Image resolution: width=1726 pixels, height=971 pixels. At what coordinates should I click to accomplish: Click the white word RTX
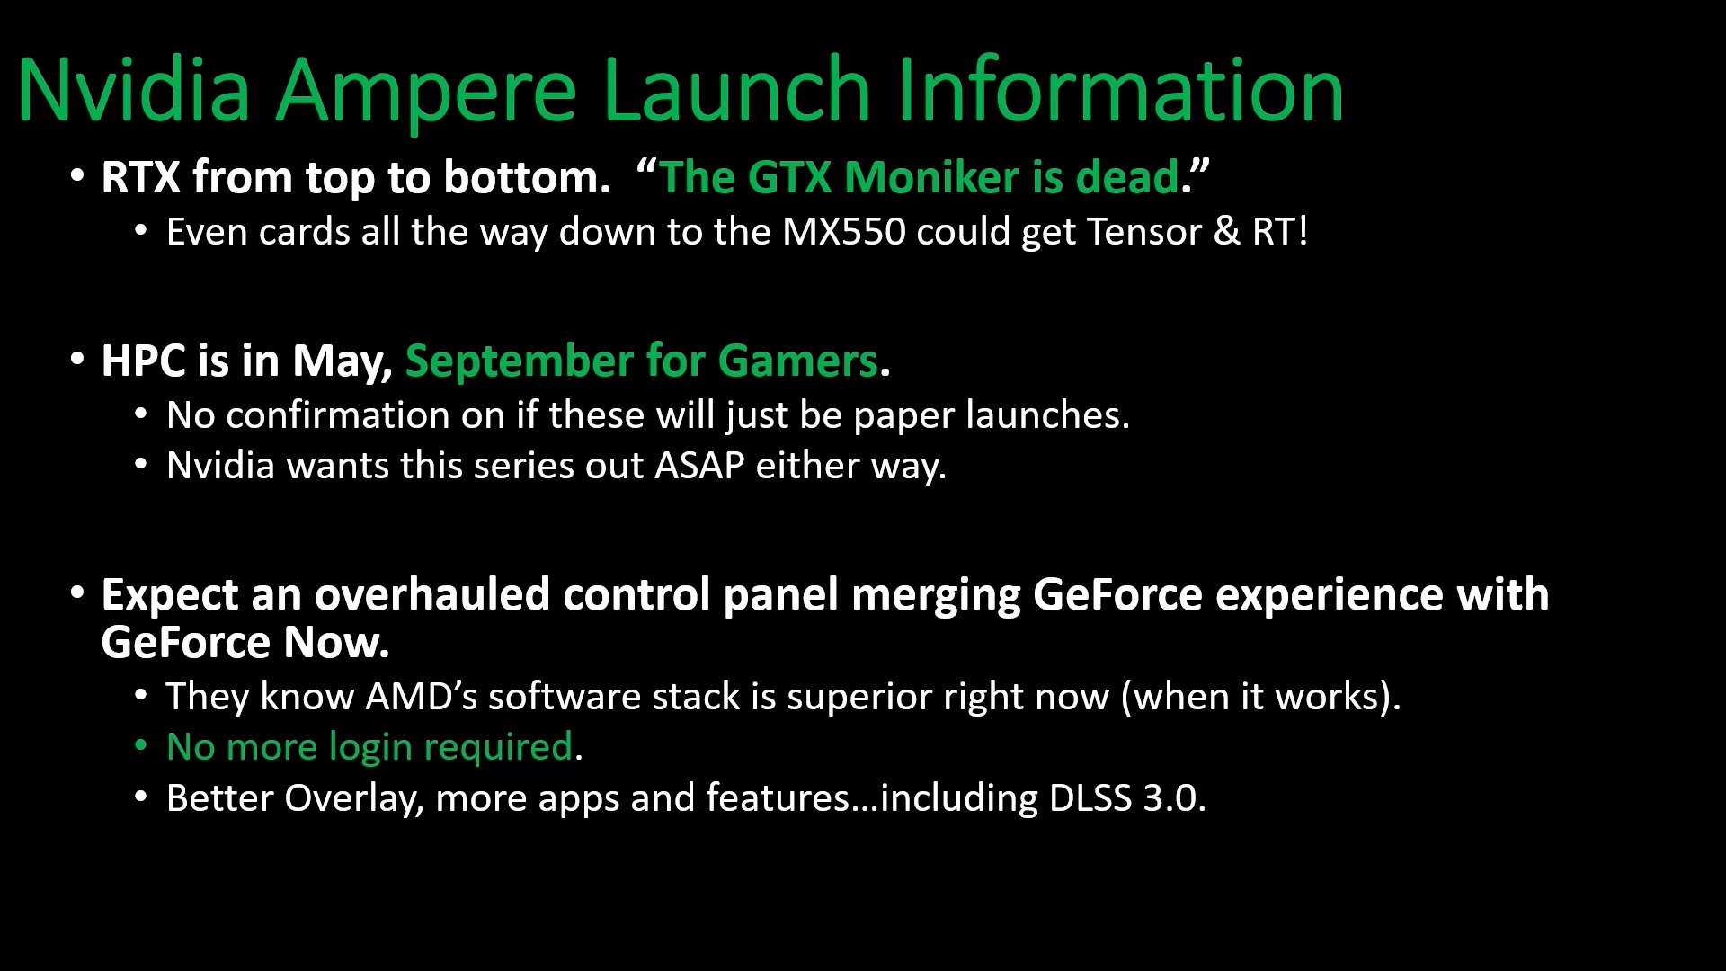[x=141, y=177]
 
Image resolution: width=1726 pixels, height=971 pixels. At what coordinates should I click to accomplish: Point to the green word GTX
[x=789, y=177]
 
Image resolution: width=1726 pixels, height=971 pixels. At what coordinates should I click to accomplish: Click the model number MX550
[x=844, y=232]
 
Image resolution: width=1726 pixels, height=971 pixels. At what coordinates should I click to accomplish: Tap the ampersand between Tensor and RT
[x=1226, y=232]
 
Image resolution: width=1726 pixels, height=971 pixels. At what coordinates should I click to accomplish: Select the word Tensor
[x=1144, y=232]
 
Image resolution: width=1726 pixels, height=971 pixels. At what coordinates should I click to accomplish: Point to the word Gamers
[x=797, y=361]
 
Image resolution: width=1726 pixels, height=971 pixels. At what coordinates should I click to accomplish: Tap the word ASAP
[x=699, y=466]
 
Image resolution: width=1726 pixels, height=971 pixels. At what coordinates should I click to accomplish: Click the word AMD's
[x=422, y=697]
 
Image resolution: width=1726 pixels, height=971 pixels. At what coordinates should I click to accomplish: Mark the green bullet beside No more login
[x=140, y=745]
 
